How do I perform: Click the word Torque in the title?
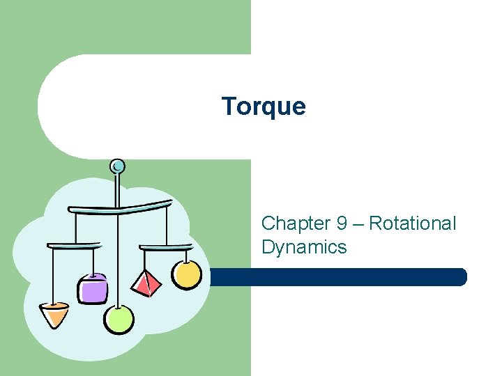264,107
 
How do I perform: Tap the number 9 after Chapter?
342,224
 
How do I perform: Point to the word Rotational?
412,224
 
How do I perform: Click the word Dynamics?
304,247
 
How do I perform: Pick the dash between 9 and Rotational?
358,224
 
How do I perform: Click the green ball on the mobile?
119,319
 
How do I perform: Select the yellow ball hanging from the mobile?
187,274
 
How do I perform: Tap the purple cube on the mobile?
93,288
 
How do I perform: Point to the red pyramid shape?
146,283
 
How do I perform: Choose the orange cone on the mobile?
54,314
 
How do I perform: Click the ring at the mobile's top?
118,166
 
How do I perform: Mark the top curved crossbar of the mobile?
119,207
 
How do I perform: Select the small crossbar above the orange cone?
74,245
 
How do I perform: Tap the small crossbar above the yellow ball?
166,246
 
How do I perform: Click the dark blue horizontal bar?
338,277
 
